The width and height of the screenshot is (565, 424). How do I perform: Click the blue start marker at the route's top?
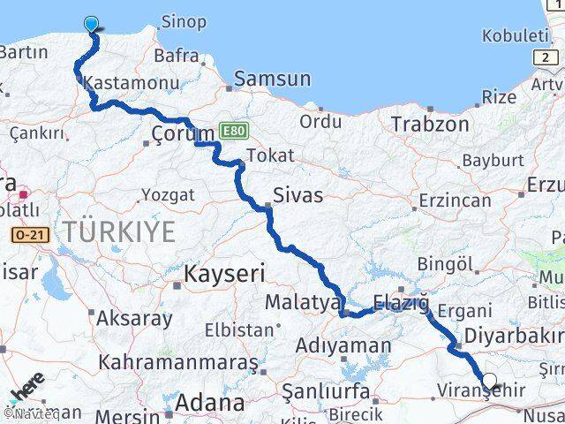click(x=92, y=24)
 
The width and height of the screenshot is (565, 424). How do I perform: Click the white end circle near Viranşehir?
click(x=489, y=382)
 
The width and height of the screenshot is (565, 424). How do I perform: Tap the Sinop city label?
click(x=183, y=21)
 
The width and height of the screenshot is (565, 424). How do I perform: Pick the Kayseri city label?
click(x=224, y=275)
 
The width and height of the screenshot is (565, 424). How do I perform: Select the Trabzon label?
click(x=430, y=124)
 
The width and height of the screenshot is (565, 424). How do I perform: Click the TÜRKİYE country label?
click(x=119, y=232)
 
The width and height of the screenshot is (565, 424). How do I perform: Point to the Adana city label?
click(x=209, y=403)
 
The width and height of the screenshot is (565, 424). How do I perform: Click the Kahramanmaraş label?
click(x=178, y=362)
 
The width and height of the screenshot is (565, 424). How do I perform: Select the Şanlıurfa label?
click(x=324, y=389)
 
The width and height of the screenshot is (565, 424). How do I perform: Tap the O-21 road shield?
click(x=28, y=235)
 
